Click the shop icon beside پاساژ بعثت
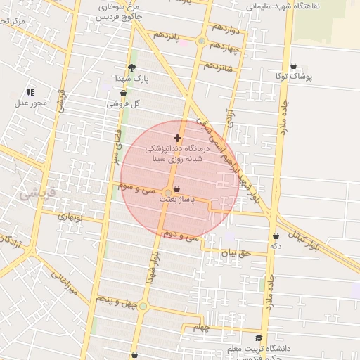[x=176, y=188]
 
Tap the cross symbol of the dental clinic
[x=177, y=139]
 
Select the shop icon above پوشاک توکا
[x=293, y=65]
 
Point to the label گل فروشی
[x=124, y=103]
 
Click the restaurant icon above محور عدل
[x=30, y=92]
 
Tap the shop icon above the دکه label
[x=276, y=236]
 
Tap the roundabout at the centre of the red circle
[x=167, y=193]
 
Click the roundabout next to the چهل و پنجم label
[x=143, y=306]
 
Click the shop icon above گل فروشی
[x=124, y=93]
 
